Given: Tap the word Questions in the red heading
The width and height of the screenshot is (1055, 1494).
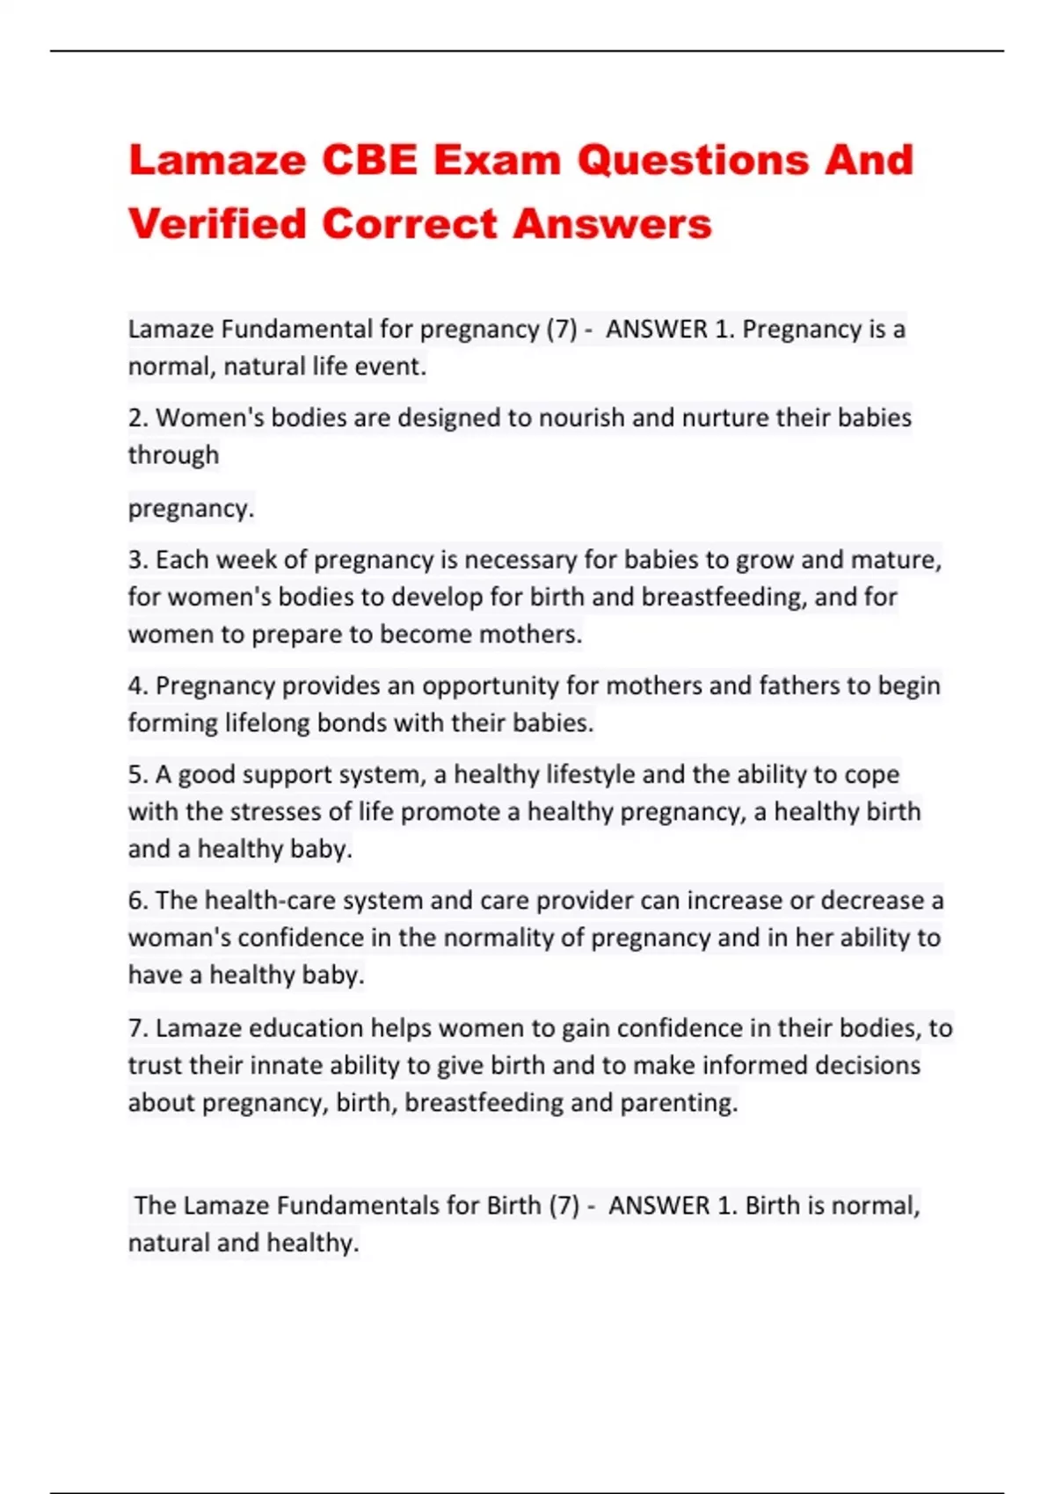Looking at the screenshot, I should click(693, 161).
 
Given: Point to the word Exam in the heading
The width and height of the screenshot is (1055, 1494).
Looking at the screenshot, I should click(497, 161).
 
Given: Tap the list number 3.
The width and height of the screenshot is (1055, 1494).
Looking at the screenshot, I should click(136, 560).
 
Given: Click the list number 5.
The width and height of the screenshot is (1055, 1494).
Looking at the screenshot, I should click(136, 774).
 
